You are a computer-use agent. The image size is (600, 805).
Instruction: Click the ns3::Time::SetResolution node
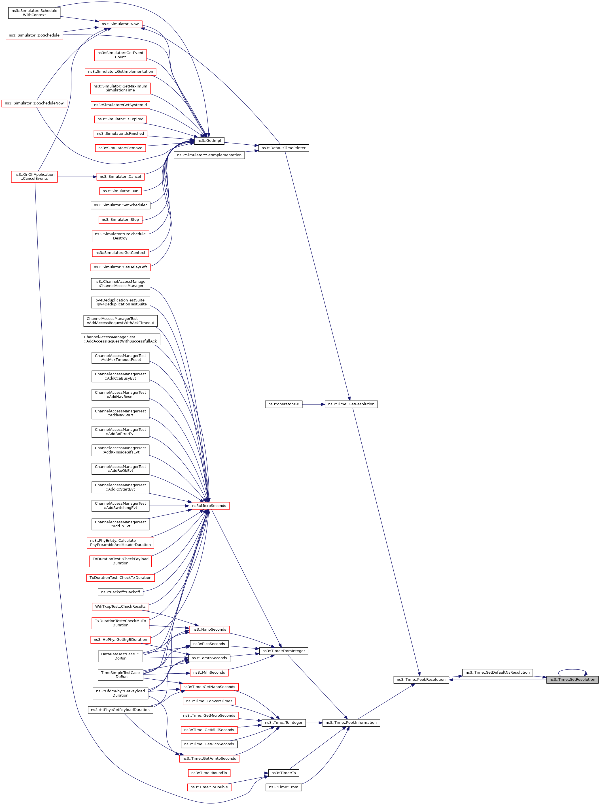click(x=572, y=680)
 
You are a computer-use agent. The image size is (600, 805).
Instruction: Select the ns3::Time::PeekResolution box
click(x=421, y=680)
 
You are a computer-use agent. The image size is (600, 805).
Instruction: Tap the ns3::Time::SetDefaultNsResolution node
click(x=497, y=672)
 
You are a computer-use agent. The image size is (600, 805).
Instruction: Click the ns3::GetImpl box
click(x=209, y=140)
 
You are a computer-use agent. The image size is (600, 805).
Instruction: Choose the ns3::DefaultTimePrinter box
click(x=283, y=148)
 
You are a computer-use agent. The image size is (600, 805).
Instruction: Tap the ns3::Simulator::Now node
click(x=120, y=24)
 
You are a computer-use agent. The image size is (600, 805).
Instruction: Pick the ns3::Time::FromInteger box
click(x=283, y=651)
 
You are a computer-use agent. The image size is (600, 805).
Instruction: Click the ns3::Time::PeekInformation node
click(x=351, y=722)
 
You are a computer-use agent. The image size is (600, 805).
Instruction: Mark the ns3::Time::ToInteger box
click(x=283, y=722)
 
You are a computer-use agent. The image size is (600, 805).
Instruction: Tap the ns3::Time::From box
click(x=283, y=787)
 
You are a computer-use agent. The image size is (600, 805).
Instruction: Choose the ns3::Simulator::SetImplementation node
click(x=209, y=155)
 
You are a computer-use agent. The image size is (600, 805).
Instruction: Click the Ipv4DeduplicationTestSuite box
click(x=120, y=302)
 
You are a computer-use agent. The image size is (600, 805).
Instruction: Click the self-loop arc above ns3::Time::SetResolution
click(x=572, y=670)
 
